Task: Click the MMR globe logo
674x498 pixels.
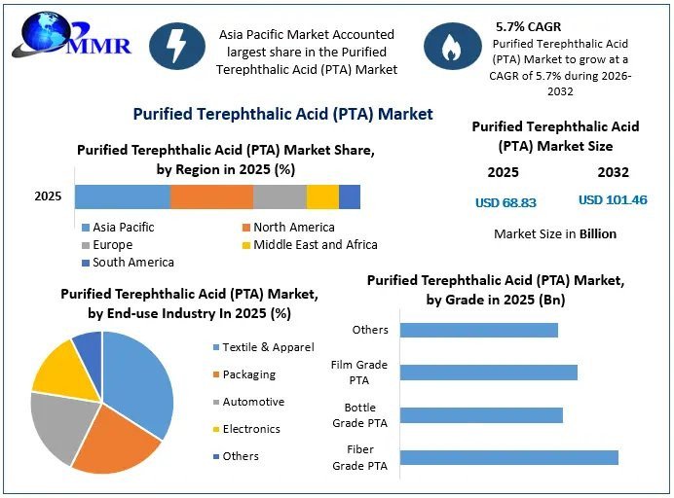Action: [71, 36]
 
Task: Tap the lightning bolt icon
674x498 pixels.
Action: [177, 47]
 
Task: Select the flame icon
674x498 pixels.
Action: [452, 47]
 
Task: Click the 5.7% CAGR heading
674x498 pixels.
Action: [528, 26]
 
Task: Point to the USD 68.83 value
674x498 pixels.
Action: [505, 202]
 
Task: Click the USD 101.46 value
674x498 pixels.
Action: [613, 200]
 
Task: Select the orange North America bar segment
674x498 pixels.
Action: [211, 197]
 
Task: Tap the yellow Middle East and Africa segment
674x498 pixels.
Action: [322, 197]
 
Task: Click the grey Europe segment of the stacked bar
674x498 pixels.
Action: [280, 197]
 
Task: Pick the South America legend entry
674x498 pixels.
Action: [129, 263]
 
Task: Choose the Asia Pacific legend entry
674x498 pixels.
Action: [118, 227]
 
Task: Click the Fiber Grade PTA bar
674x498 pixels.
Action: [509, 458]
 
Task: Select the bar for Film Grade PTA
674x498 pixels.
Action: [489, 373]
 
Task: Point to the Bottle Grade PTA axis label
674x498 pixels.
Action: [359, 415]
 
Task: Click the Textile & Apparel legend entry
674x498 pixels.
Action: [264, 347]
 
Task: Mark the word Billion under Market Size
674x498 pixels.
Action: [598, 234]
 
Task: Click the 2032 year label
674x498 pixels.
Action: [613, 172]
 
